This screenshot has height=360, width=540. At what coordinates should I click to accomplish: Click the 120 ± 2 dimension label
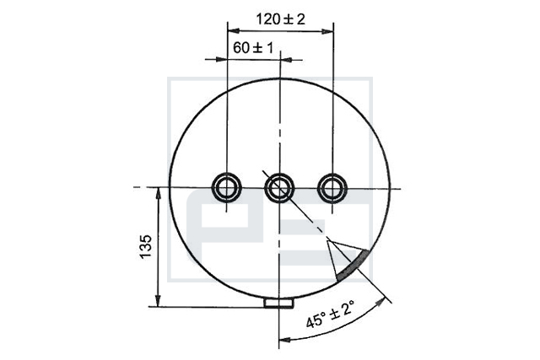280,19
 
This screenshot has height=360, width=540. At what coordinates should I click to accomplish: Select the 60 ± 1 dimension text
253,48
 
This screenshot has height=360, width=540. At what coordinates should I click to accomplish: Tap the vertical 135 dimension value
145,246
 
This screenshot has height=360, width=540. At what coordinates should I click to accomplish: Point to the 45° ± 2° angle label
330,314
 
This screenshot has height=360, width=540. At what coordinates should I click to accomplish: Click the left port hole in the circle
227,187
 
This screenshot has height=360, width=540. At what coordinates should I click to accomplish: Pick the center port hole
279,188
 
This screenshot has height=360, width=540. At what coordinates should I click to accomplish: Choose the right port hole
332,188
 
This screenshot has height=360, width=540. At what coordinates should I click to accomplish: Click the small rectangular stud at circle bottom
278,303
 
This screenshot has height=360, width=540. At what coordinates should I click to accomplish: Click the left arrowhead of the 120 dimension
234,30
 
